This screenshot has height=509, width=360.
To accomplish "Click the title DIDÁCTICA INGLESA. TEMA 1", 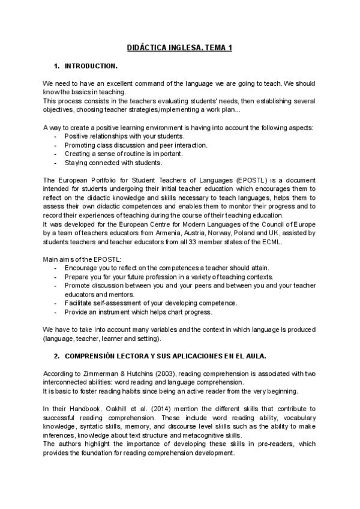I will pos(180,47).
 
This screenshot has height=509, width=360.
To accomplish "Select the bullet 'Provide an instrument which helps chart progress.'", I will pos(139,312).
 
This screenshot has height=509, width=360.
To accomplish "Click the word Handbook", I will pos(81,409).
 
